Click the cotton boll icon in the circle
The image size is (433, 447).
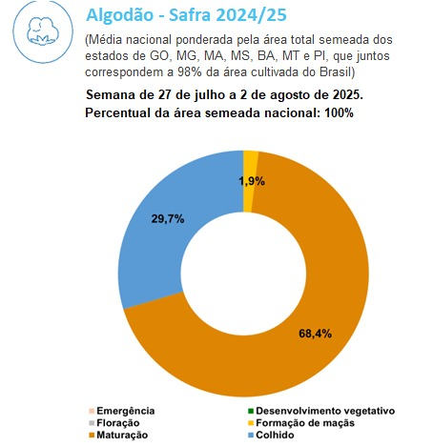pyautogui.click(x=43, y=31)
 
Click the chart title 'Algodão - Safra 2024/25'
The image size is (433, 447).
pyautogui.click(x=186, y=15)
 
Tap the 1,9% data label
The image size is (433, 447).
pyautogui.click(x=252, y=181)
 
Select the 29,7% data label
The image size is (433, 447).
pyautogui.click(x=168, y=219)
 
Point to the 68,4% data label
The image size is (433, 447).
pyautogui.click(x=315, y=334)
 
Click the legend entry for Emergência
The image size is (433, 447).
pyautogui.click(x=122, y=411)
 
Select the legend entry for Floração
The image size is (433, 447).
pyautogui.click(x=114, y=423)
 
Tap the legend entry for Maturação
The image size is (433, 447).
pyautogui.click(x=118, y=435)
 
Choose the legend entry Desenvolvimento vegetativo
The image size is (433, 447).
pyautogui.click(x=321, y=411)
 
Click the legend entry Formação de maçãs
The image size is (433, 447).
pyautogui.click(x=301, y=423)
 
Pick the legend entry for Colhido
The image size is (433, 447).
pyautogui.click(x=271, y=435)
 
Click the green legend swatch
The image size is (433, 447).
pyautogui.click(x=251, y=411)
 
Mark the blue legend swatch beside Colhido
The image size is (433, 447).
pyautogui.click(x=251, y=435)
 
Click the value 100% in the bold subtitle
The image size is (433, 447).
pyautogui.click(x=339, y=112)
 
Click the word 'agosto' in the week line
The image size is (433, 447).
pyautogui.click(x=286, y=95)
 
